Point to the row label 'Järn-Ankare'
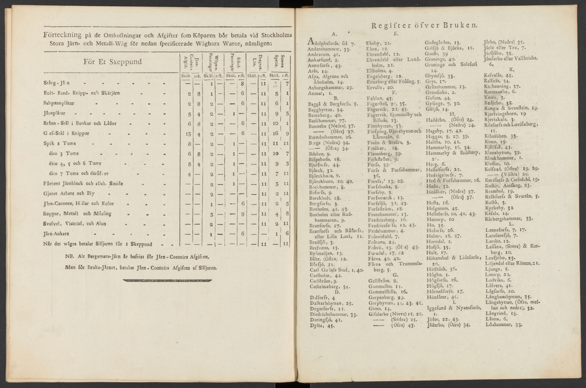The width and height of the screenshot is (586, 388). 55,234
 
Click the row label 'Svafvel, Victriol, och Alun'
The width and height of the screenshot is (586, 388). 74,224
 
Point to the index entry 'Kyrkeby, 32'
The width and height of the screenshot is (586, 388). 499,206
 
